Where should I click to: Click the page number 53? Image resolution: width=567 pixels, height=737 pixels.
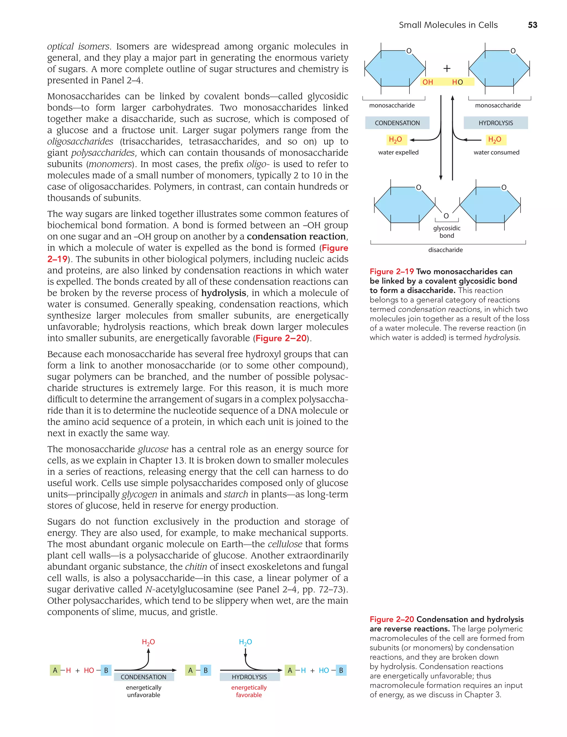pyautogui.click(x=532, y=25)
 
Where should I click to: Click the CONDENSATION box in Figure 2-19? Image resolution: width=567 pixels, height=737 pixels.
pyautogui.click(x=397, y=123)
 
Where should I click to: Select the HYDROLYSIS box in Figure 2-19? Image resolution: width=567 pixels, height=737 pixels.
pyautogui.click(x=496, y=123)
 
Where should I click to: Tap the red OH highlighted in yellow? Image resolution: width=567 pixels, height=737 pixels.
pyautogui.click(x=427, y=82)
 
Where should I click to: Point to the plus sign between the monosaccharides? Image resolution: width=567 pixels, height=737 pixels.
pyautogui.click(x=447, y=68)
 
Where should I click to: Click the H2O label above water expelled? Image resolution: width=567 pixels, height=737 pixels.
pyautogui.click(x=395, y=140)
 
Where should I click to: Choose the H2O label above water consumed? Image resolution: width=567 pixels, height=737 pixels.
pyautogui.click(x=494, y=140)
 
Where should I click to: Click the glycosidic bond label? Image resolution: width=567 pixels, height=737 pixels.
pyautogui.click(x=447, y=232)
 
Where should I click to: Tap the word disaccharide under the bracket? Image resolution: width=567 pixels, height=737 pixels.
pyautogui.click(x=445, y=250)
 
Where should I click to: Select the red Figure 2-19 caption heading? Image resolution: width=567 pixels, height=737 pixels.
pyautogui.click(x=391, y=272)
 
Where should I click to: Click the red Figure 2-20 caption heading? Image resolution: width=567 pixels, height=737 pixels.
pyautogui.click(x=391, y=619)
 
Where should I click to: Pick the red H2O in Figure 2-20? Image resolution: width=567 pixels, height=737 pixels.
pyautogui.click(x=148, y=642)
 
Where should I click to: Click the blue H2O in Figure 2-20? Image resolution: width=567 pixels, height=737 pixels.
pyautogui.click(x=245, y=642)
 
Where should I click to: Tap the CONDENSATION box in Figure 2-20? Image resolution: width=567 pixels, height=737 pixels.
pyautogui.click(x=144, y=677)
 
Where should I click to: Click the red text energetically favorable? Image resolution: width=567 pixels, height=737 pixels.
pyautogui.click(x=249, y=691)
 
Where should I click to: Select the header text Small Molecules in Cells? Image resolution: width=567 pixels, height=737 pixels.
pyautogui.click(x=448, y=25)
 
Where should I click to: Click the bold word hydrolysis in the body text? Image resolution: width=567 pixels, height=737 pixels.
pyautogui.click(x=223, y=293)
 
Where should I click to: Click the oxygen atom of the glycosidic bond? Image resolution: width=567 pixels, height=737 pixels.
pyautogui.click(x=446, y=216)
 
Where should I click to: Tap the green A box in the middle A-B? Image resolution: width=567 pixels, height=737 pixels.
pyautogui.click(x=190, y=670)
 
